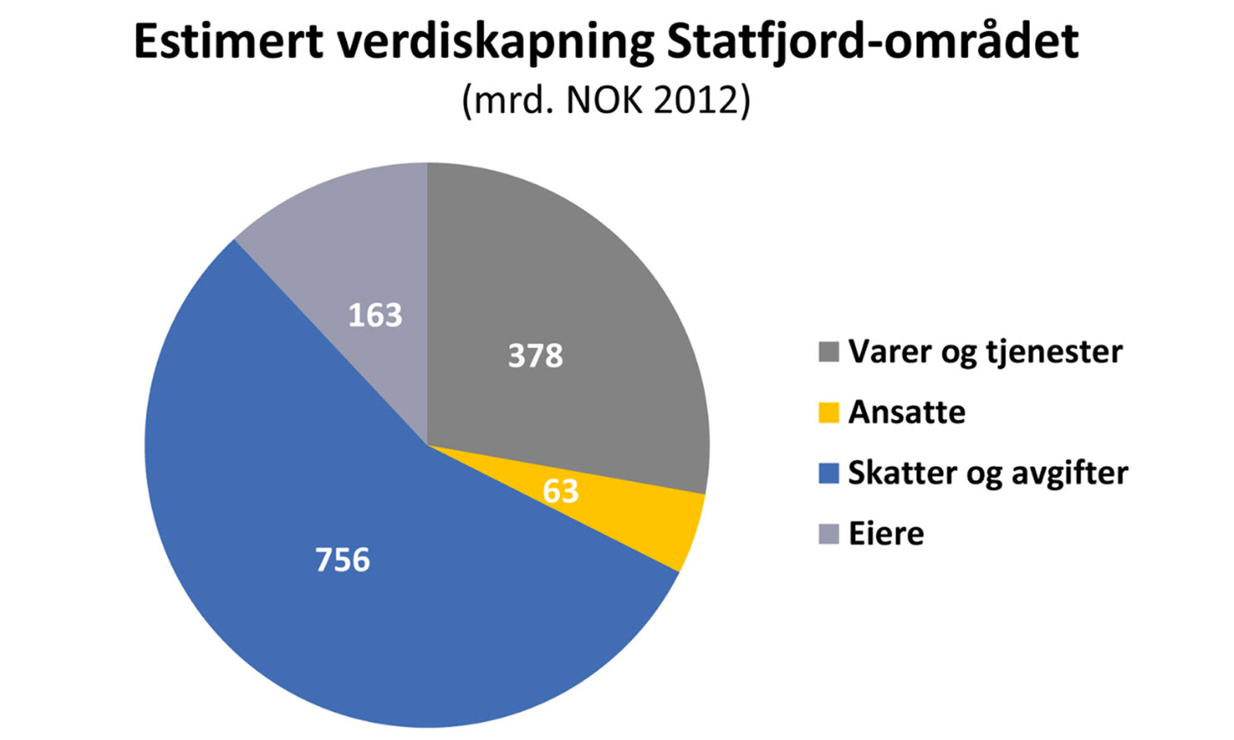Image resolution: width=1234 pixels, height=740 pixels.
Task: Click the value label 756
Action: click(342, 560)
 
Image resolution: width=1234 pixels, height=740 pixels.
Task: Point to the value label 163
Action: click(375, 315)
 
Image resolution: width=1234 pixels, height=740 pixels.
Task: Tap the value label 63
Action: click(560, 491)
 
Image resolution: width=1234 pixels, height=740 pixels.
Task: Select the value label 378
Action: click(535, 356)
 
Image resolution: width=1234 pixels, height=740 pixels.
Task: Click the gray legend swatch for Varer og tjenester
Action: click(828, 352)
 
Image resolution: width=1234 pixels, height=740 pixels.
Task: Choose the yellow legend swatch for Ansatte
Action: click(828, 413)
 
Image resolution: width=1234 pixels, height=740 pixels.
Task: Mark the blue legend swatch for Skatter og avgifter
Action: click(828, 473)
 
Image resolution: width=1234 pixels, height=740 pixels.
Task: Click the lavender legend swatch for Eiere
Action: click(828, 534)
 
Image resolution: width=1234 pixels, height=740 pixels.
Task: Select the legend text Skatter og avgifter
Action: click(988, 474)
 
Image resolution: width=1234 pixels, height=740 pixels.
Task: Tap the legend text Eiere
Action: click(886, 534)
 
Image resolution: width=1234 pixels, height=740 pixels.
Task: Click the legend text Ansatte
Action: click(906, 413)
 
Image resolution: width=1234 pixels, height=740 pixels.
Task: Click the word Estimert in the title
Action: click(228, 42)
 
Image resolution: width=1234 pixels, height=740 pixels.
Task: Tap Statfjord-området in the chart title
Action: click(872, 42)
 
